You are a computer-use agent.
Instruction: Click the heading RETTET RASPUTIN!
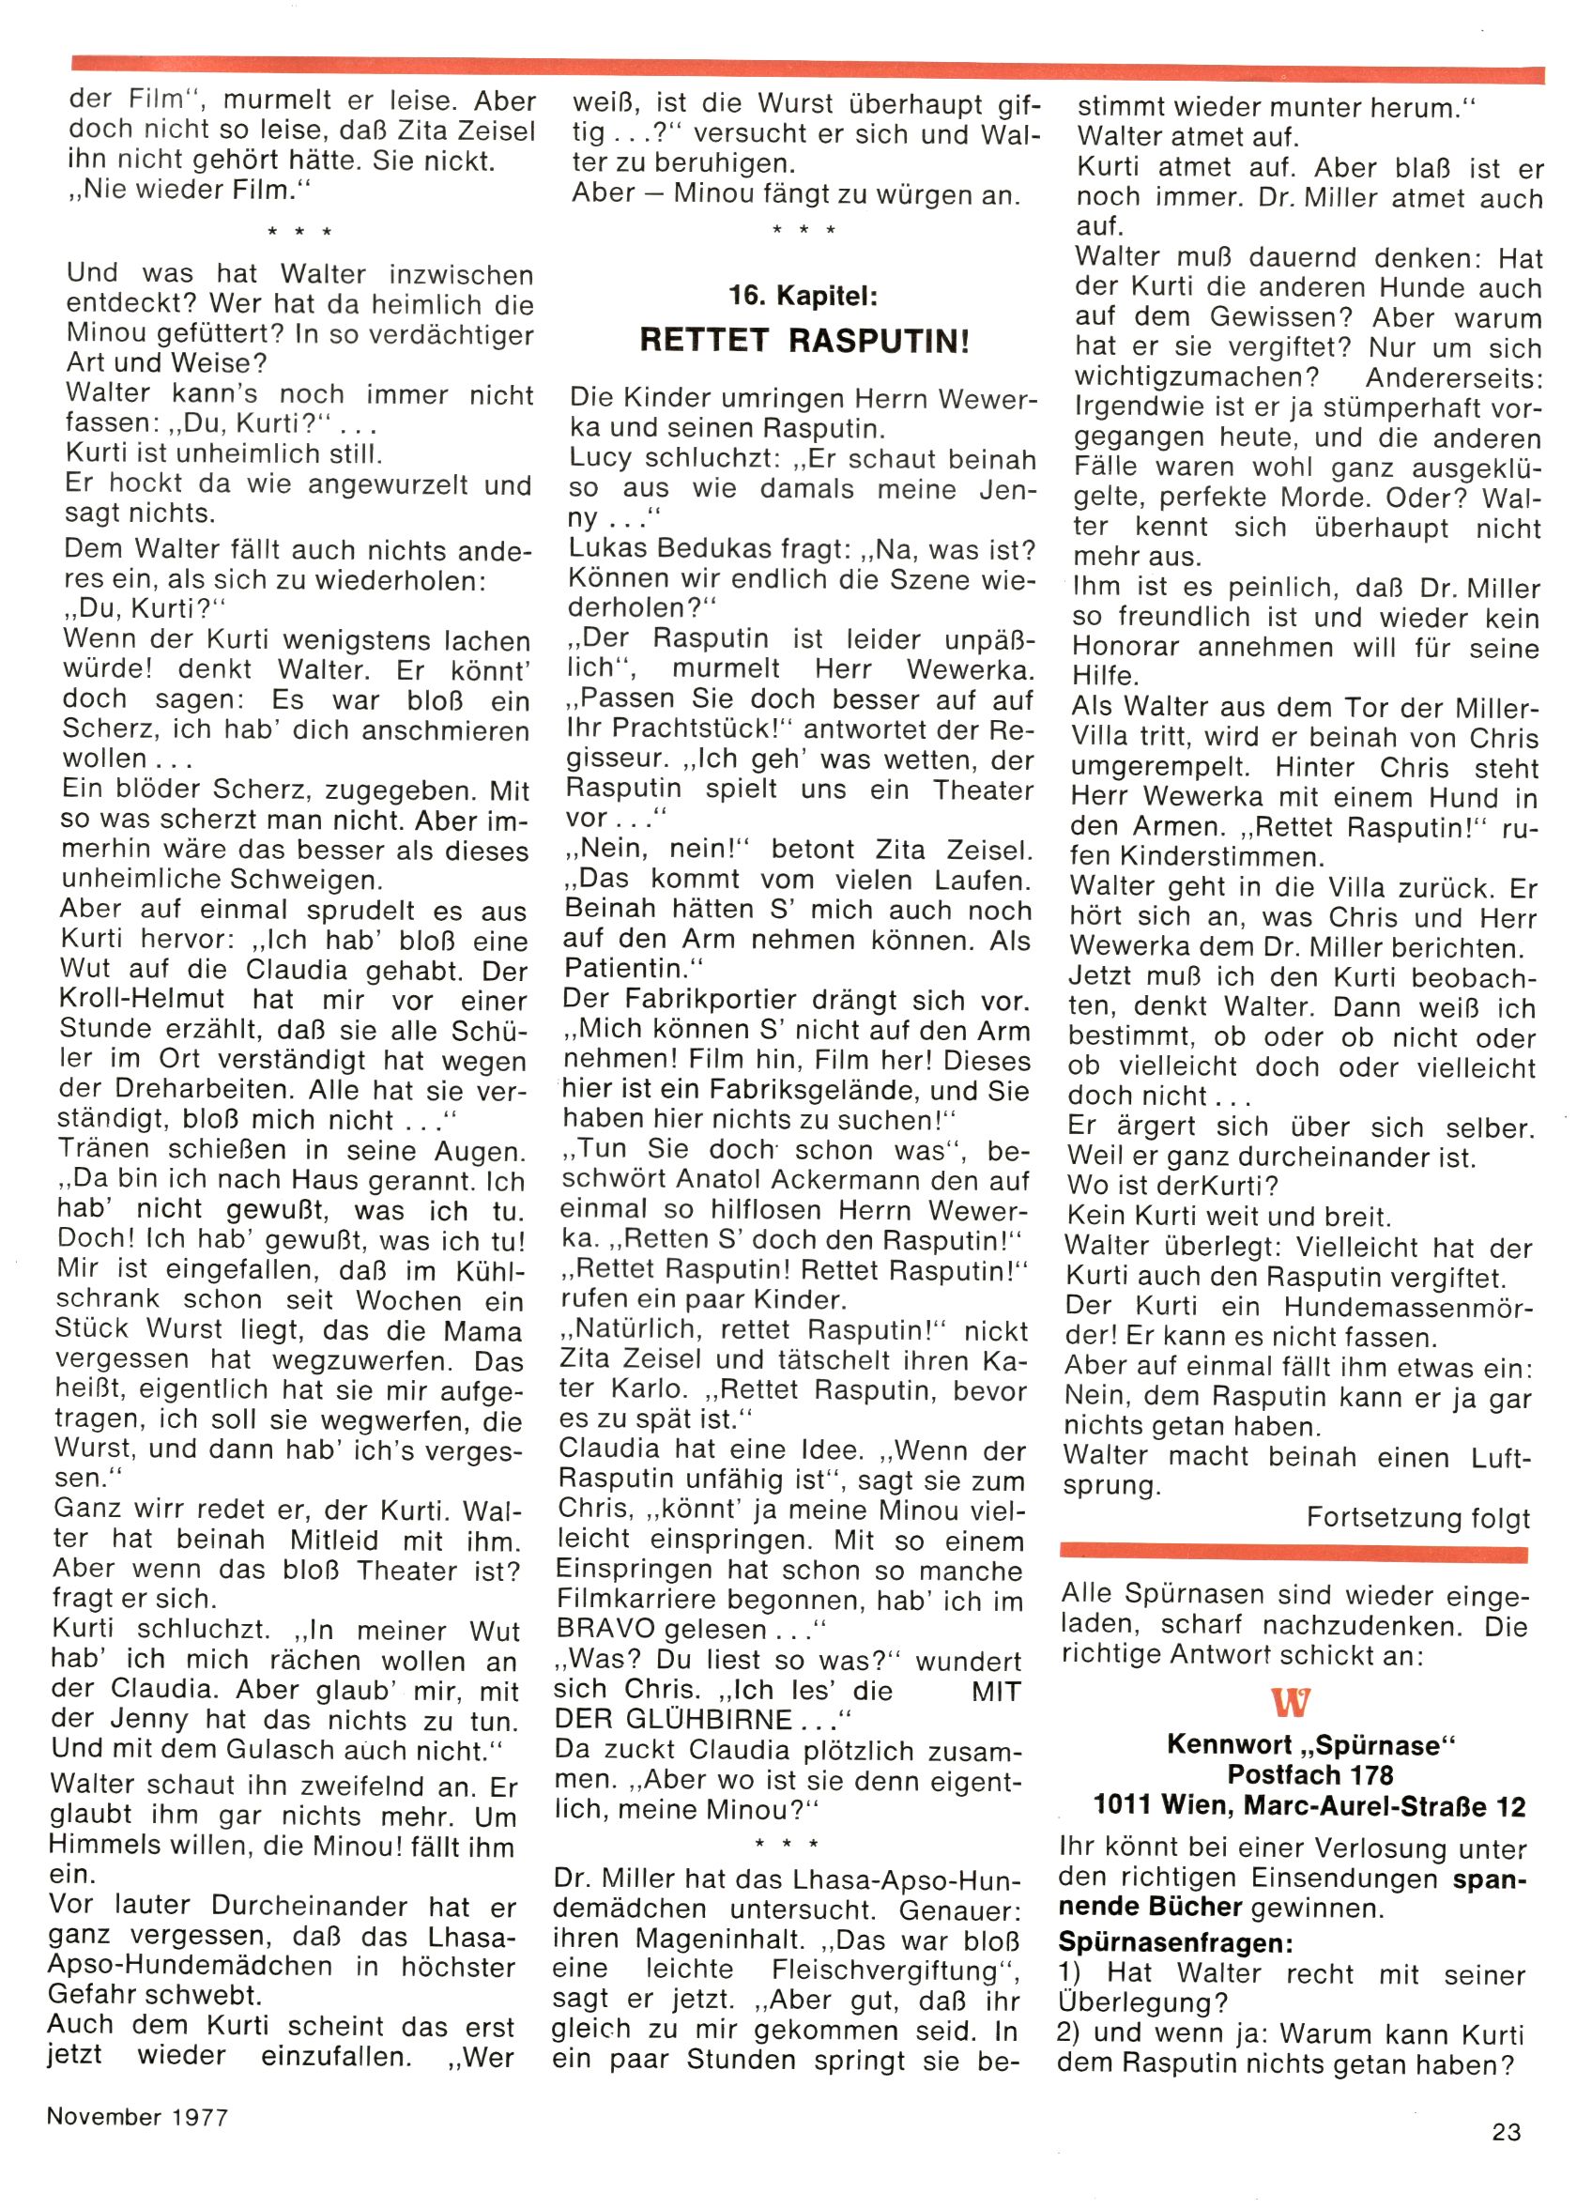point(804,340)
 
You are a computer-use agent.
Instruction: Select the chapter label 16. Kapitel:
point(804,295)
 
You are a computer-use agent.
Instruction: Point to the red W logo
point(1291,1703)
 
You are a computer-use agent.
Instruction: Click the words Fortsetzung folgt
point(1417,1518)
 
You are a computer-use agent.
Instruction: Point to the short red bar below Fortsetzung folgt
point(1293,1552)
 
